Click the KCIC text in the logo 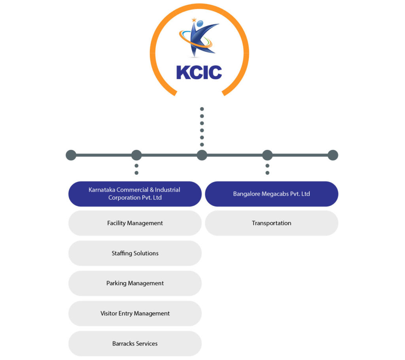pos(199,72)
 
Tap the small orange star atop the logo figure pos(194,20)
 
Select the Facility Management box pos(135,223)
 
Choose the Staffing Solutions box pos(135,253)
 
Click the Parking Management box pos(135,283)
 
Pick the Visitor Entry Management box pos(135,313)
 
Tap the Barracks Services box pos(135,343)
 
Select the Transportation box pos(271,223)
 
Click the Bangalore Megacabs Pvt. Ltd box pos(271,194)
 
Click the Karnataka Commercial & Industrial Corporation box pos(135,194)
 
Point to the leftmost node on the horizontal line pos(71,155)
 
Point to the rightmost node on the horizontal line pos(333,155)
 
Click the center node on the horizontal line pos(202,155)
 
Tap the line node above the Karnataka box pos(136,155)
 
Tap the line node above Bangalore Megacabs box pos(267,155)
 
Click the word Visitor pos(109,313)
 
